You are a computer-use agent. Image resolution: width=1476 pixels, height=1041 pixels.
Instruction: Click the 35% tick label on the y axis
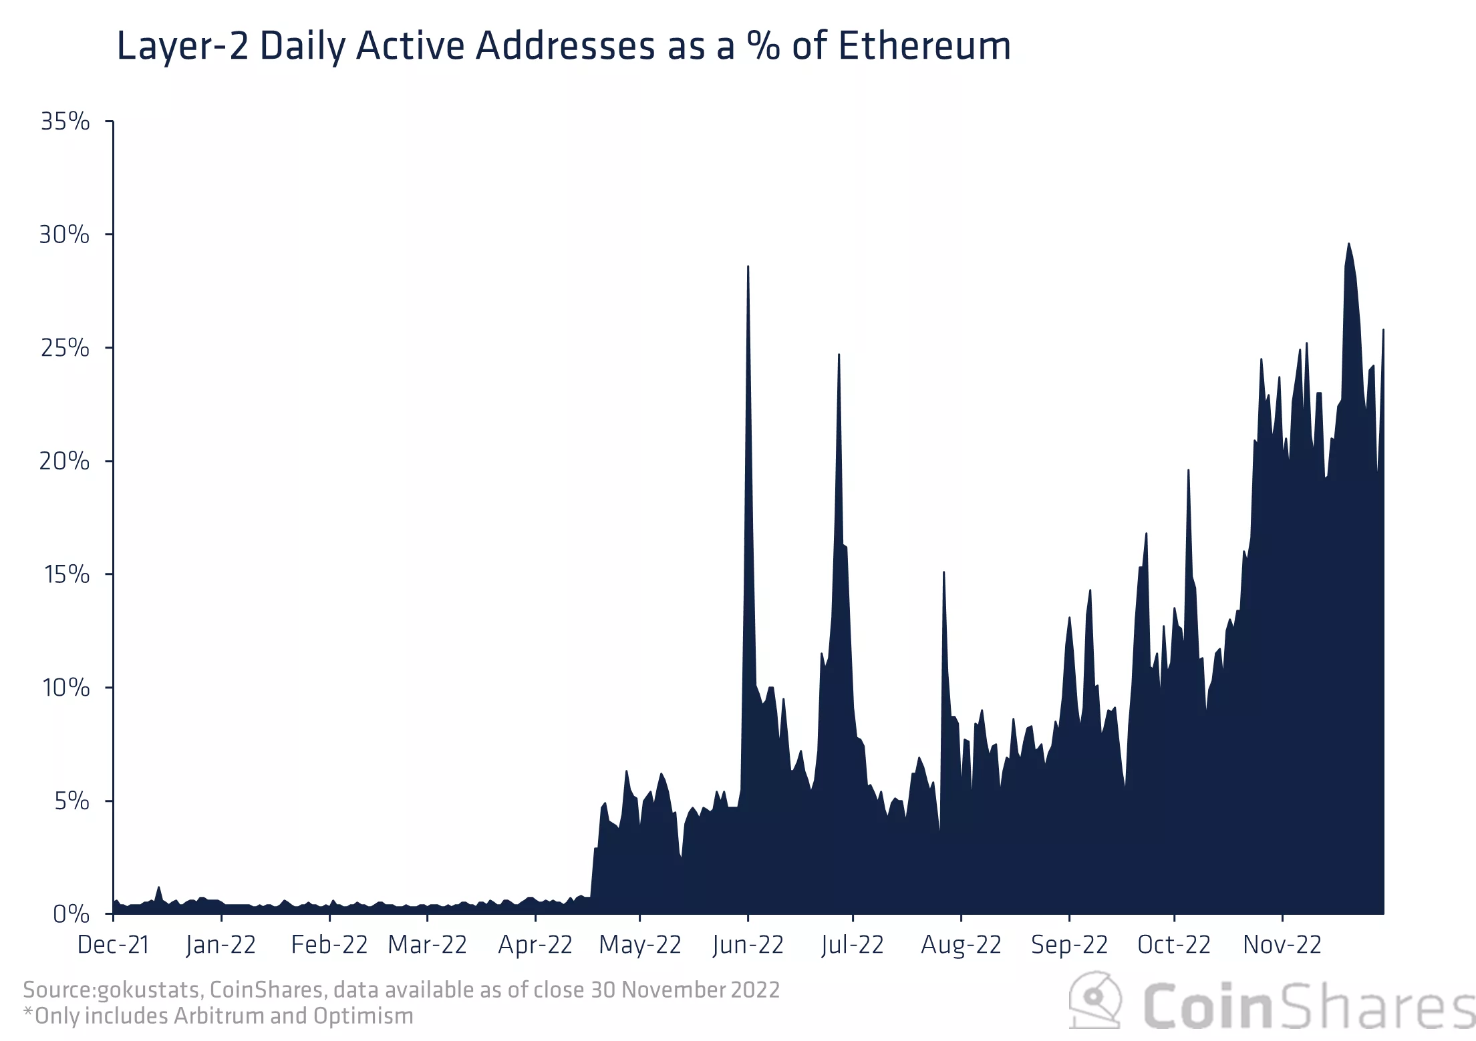pos(65,122)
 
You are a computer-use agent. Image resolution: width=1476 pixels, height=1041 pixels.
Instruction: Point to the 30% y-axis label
pos(64,235)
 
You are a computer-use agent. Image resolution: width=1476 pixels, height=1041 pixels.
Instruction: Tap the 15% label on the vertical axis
pos(66,575)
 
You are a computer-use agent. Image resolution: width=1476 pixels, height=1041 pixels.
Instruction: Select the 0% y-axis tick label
pos(70,914)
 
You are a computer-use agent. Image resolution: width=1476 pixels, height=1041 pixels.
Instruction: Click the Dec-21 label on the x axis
pos(113,946)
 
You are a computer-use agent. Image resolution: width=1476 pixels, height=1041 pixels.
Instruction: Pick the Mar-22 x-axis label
pos(427,946)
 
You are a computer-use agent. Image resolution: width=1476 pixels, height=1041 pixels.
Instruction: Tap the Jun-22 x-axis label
pos(748,946)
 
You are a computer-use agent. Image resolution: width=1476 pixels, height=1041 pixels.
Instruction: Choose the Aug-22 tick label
pos(961,946)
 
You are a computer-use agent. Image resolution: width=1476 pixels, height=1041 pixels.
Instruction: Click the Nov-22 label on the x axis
pos(1282,946)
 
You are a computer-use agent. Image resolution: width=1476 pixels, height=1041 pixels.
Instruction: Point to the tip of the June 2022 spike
pos(748,266)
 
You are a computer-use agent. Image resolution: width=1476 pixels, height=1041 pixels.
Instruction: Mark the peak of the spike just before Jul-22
pos(839,355)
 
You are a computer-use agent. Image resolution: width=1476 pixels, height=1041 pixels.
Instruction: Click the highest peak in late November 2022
pos(1348,244)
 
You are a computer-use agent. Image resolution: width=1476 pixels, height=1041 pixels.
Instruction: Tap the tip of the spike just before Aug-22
pos(943,572)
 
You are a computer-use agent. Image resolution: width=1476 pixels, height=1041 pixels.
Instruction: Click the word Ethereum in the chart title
pos(924,46)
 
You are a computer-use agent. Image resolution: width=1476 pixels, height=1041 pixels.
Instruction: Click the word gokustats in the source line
pos(149,990)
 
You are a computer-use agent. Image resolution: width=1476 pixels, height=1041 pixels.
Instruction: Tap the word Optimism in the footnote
pos(363,1016)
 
